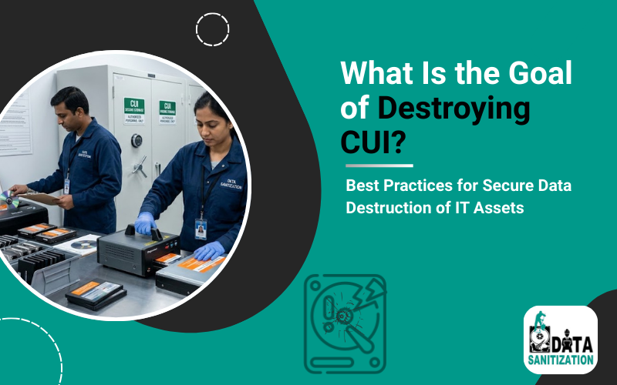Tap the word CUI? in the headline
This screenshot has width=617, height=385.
click(373, 143)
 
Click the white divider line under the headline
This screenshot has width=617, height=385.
click(379, 165)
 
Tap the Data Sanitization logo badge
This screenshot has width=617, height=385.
click(561, 339)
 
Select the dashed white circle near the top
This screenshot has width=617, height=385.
click(212, 29)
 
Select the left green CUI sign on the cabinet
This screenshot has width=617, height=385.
click(134, 107)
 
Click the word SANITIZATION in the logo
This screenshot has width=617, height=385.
click(561, 359)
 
